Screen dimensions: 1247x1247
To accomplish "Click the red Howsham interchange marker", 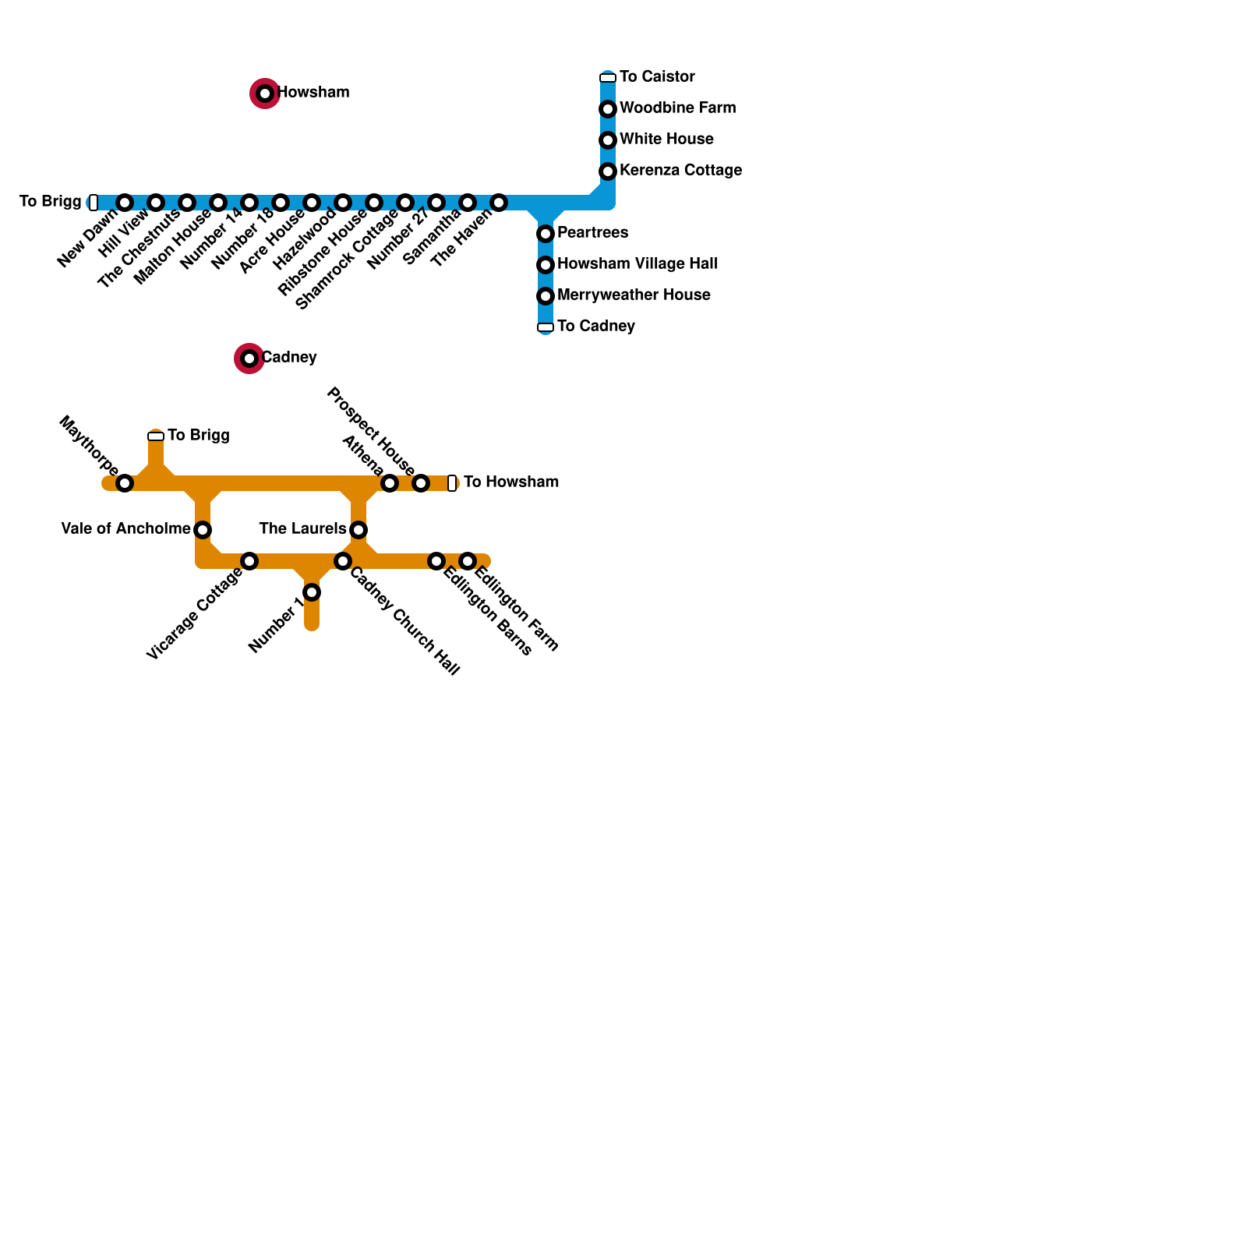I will (265, 94).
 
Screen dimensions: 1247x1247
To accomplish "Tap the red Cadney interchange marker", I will (249, 359).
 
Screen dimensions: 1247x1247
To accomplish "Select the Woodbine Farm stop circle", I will (608, 109).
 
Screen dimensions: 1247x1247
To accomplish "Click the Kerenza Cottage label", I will (680, 170).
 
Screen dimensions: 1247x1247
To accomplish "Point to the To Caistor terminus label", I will (657, 76).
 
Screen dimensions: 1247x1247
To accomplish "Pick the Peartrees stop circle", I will (546, 234).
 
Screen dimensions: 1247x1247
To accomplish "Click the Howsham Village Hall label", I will (637, 263).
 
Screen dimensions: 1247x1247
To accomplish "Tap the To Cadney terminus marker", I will (546, 327).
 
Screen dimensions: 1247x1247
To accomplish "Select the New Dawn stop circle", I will (125, 203).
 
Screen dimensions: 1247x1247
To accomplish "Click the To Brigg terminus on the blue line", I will (94, 203).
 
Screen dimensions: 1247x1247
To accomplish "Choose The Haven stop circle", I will (499, 203).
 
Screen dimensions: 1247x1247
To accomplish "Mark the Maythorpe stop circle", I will (125, 483).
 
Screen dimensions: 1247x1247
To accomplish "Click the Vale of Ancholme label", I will (125, 528).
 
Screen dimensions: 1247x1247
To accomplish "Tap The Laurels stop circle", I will (359, 530).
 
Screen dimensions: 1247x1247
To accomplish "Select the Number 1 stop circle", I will (312, 592).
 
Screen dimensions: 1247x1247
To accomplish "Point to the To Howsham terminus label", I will (510, 482).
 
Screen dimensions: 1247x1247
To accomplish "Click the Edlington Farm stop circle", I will (468, 561).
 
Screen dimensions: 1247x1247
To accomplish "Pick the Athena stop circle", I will (390, 483).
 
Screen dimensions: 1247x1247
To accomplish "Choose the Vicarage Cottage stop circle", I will (249, 561).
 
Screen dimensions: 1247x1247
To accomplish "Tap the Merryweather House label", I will (634, 295).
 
